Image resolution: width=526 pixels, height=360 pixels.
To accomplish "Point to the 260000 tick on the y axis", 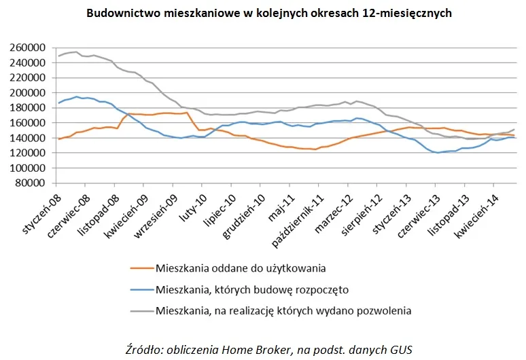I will [x=28, y=48].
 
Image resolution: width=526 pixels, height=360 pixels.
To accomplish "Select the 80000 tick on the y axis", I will [x=30, y=183].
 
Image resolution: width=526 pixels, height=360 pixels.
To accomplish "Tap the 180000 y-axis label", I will [x=28, y=108].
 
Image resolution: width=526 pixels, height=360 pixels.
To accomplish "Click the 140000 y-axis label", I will [x=28, y=138].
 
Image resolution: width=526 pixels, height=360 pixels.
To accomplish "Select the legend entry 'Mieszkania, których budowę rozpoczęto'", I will [x=251, y=289].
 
